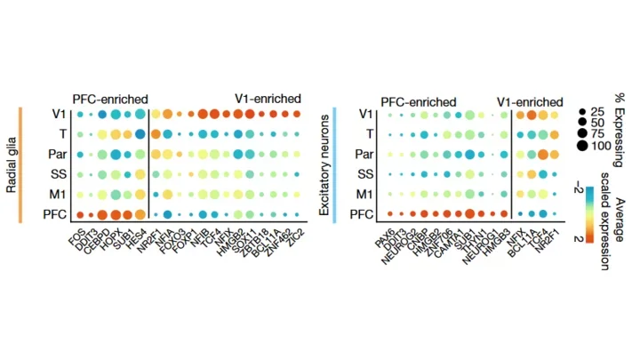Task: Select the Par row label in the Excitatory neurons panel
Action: click(363, 154)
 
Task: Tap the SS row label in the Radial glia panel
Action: click(55, 173)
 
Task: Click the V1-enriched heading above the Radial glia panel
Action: click(268, 99)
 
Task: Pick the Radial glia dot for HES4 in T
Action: click(140, 134)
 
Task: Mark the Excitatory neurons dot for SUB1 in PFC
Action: click(468, 214)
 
